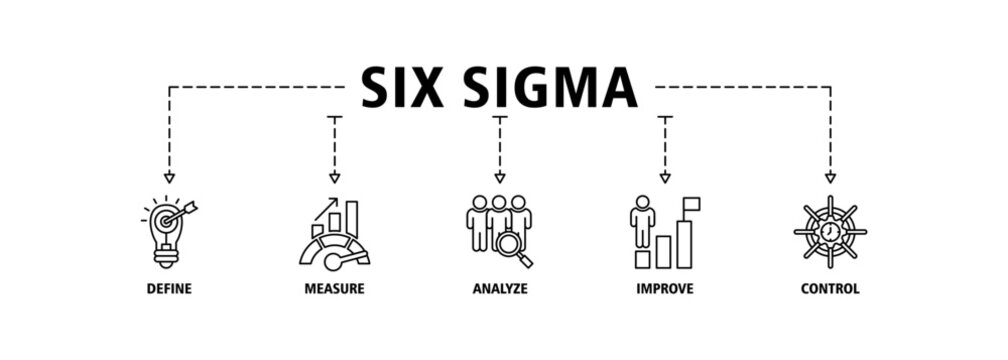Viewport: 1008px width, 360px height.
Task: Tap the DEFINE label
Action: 168,290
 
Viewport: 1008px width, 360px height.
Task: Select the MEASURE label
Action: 334,290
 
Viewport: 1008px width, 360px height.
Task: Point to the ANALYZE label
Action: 500,290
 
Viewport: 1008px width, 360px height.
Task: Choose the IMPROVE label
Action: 665,290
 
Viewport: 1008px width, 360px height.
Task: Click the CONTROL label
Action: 830,290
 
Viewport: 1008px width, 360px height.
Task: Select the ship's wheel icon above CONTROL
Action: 830,231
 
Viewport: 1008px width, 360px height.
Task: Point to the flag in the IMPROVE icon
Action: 691,204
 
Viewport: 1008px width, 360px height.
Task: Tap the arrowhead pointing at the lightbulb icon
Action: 169,177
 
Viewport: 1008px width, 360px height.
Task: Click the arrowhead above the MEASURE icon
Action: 334,177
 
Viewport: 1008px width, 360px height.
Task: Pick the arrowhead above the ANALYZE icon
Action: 500,177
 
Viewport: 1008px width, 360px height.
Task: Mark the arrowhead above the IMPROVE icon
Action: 665,177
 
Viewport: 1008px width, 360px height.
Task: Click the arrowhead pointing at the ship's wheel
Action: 830,177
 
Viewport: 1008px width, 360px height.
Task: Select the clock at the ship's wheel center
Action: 830,231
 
